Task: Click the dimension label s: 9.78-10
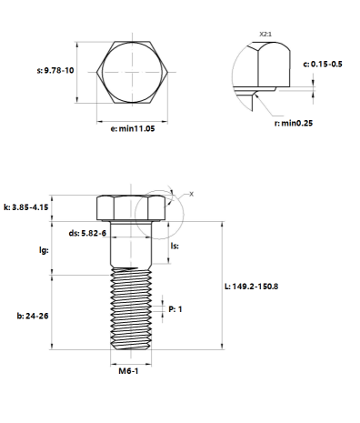coord(55,70)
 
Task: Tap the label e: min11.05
coord(133,128)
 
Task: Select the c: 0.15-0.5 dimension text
coord(323,64)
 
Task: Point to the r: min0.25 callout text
coord(293,123)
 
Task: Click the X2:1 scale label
coord(265,34)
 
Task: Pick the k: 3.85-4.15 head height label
coord(26,207)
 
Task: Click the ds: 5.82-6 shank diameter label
coord(87,233)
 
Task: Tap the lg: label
coord(44,250)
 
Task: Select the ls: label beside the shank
coord(175,246)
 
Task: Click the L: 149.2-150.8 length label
coord(251,287)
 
